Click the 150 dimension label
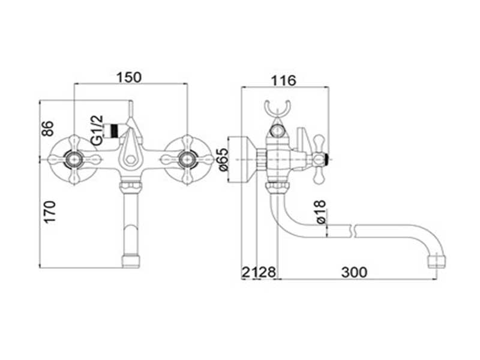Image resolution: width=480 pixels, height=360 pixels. [129, 77]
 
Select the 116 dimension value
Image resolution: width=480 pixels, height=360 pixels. [284, 80]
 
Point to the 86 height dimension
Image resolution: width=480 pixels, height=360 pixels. [48, 128]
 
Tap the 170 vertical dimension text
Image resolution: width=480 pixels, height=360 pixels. [50, 212]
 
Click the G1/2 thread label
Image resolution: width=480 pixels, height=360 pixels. [97, 130]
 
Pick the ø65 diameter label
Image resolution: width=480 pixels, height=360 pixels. [224, 160]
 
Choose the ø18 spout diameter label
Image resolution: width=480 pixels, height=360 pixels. [320, 212]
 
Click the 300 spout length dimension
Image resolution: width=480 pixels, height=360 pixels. [354, 272]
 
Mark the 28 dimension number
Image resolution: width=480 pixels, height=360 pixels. [268, 272]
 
